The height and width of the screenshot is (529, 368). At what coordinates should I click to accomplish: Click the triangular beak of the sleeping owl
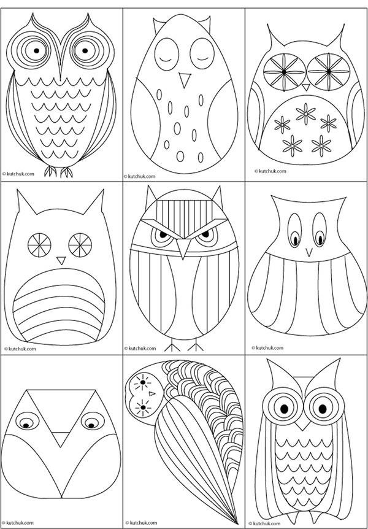[185, 80]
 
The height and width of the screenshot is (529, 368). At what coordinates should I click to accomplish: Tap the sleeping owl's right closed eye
[202, 54]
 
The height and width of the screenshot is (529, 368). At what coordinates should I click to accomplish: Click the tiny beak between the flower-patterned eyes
[306, 87]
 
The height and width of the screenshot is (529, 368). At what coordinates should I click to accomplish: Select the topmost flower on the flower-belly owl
[305, 114]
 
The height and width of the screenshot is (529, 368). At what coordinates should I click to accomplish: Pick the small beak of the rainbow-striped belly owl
[61, 260]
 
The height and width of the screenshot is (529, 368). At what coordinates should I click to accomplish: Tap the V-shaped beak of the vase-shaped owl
[309, 252]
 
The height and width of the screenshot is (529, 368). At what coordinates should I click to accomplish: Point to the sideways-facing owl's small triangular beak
[152, 393]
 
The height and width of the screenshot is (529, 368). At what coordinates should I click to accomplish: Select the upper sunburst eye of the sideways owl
[143, 382]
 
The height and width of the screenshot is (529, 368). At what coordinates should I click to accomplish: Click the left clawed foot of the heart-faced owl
[50, 171]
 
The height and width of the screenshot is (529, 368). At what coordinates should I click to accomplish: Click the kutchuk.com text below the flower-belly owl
[270, 171]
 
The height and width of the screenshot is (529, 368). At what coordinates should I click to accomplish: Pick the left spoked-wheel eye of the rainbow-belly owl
[39, 245]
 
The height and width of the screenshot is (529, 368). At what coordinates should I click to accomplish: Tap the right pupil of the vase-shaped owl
[320, 239]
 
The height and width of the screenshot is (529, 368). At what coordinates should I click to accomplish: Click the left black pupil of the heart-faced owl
[36, 50]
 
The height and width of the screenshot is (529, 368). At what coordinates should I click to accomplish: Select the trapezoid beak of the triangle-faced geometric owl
[61, 439]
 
